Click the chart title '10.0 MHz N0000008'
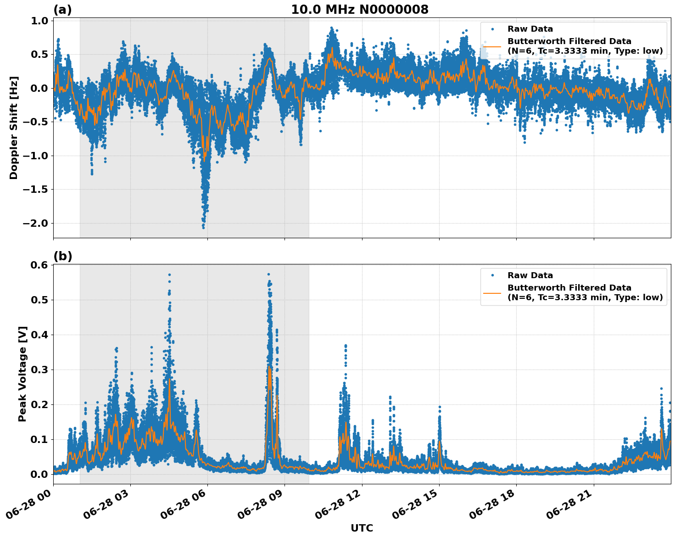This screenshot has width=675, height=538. (x=360, y=10)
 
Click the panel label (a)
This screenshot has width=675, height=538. (x=62, y=10)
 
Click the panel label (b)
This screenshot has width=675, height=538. (x=62, y=256)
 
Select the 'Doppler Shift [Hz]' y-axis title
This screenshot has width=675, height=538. (x=14, y=128)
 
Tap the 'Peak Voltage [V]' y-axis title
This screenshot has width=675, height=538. (x=22, y=374)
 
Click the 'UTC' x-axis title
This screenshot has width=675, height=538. (x=362, y=528)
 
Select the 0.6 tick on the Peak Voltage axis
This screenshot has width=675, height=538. (x=39, y=265)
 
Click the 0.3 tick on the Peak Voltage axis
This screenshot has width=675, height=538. (x=39, y=370)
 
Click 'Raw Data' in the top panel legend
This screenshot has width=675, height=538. (x=530, y=29)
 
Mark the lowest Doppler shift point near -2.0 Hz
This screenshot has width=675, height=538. (x=203, y=227)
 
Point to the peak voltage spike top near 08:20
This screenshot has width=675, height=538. (x=268, y=275)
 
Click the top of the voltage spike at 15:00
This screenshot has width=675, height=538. (x=439, y=407)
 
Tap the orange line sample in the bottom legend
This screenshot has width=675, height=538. (x=492, y=292)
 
